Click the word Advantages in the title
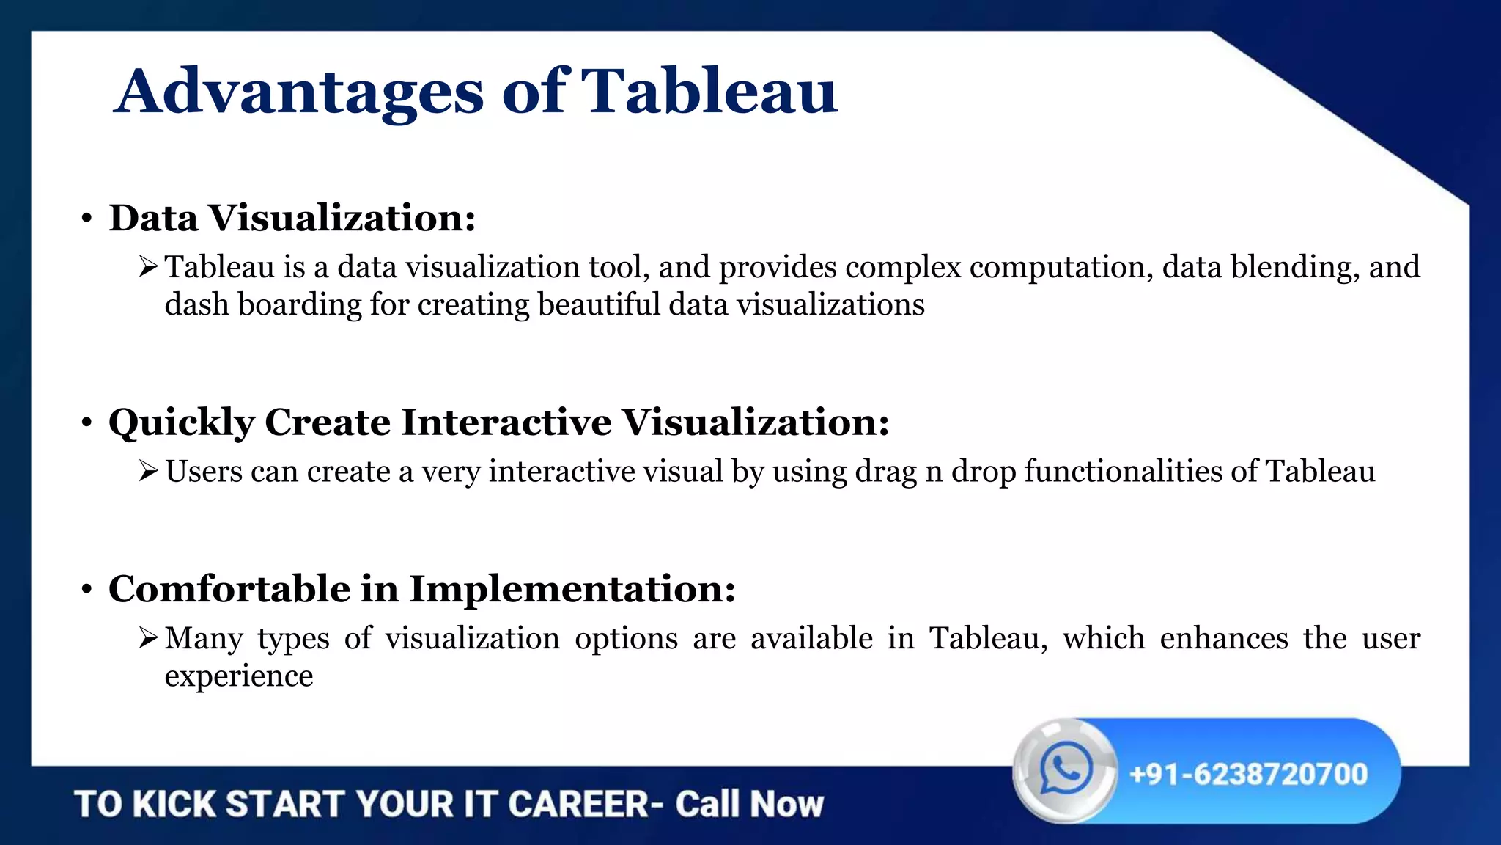click(x=299, y=92)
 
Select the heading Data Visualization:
click(x=292, y=218)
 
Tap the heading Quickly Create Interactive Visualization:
click(x=498, y=422)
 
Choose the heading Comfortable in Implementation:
click(x=422, y=589)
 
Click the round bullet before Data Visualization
click(x=87, y=219)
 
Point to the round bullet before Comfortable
click(x=87, y=590)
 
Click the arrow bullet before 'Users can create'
click(x=148, y=471)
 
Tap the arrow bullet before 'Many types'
click(x=148, y=638)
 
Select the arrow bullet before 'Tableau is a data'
click(x=148, y=267)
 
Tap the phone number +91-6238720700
click(x=1249, y=775)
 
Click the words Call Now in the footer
click(x=749, y=804)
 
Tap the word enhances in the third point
click(x=1223, y=638)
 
